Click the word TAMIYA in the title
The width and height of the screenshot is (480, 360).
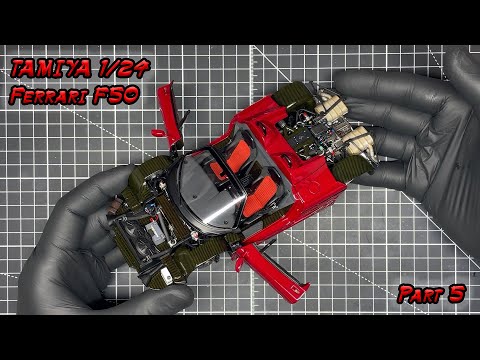(50, 69)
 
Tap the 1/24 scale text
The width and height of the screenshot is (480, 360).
(123, 68)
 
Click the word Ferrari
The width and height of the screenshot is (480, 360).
(47, 95)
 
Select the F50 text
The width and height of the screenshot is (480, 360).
(116, 95)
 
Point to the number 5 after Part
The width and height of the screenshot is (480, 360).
(457, 294)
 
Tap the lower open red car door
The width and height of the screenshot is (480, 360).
(270, 272)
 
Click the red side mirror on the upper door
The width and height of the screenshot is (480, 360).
(158, 133)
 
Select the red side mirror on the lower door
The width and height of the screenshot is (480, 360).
(239, 264)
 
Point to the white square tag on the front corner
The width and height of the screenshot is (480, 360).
(166, 275)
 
